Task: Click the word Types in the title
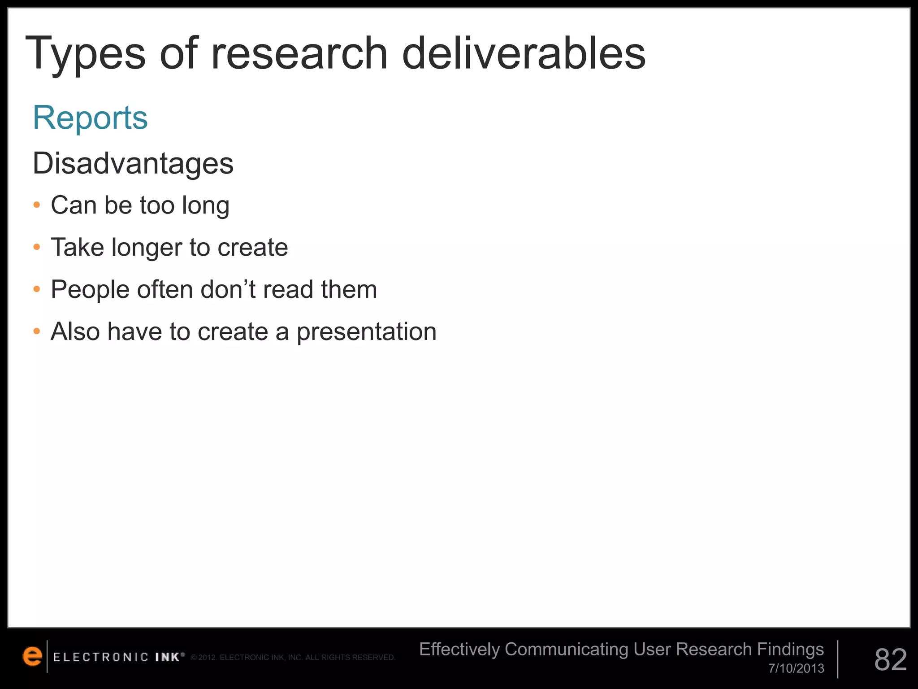[85, 54]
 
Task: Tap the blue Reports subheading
[90, 118]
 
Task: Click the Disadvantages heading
[133, 163]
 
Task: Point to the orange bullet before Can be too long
[37, 205]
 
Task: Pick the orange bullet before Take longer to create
[37, 247]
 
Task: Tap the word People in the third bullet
[90, 290]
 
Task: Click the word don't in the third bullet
[228, 289]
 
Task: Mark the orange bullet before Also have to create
[37, 332]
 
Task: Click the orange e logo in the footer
[32, 656]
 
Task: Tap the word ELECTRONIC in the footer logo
[101, 658]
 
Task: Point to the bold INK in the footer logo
[167, 658]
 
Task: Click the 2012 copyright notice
[293, 658]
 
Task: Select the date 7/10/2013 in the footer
[796, 668]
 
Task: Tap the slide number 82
[890, 660]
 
